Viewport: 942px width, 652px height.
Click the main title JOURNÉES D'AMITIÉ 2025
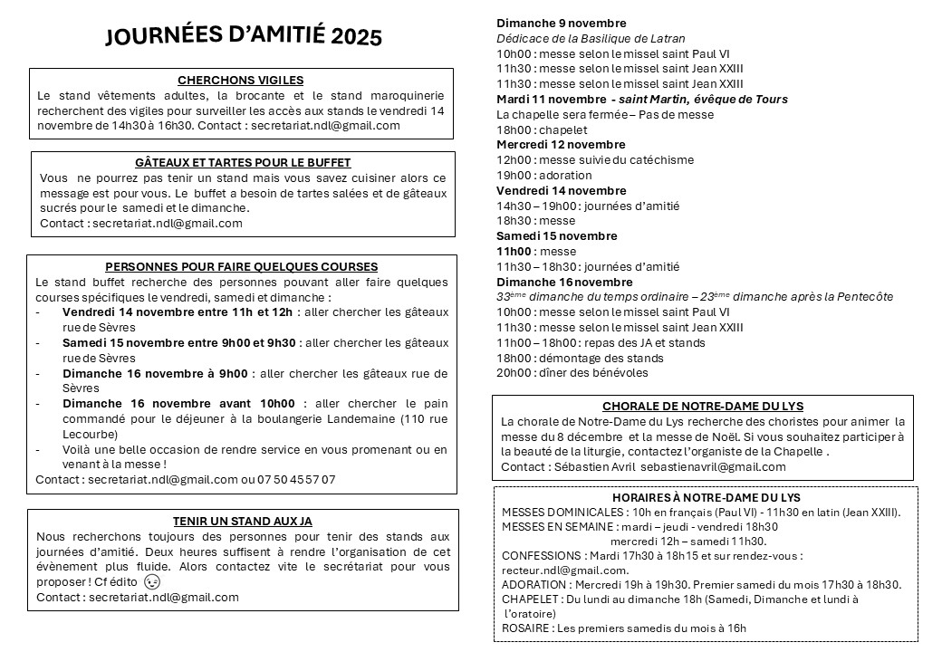point(244,36)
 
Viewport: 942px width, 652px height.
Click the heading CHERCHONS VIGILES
point(241,81)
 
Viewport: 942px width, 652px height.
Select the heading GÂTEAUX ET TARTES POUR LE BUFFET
point(243,162)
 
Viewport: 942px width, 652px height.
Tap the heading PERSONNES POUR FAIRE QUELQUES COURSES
point(242,266)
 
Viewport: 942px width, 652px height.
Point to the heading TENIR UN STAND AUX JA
point(242,521)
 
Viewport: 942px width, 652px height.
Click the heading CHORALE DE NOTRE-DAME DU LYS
point(702,407)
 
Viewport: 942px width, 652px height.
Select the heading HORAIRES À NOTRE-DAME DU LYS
point(706,497)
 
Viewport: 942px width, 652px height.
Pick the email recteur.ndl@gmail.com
point(564,570)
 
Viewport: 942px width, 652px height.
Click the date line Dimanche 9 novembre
point(562,24)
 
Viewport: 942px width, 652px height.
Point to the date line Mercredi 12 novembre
point(561,145)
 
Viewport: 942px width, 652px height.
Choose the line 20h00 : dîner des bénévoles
point(572,372)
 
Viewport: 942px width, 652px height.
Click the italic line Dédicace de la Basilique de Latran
point(591,39)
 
